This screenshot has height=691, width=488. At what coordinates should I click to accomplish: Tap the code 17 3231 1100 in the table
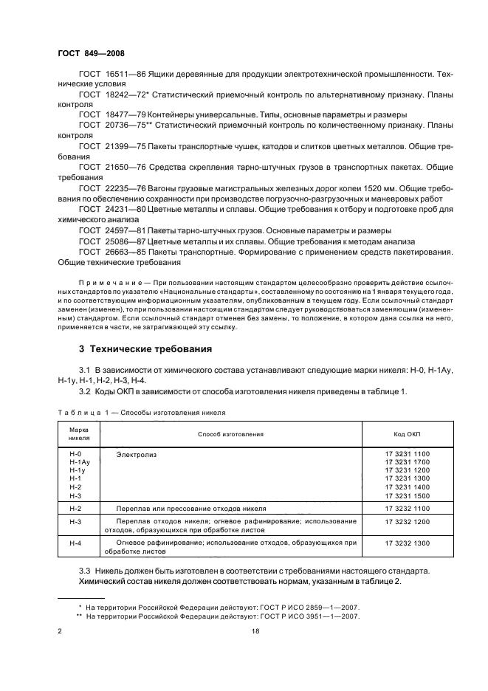pyautogui.click(x=407, y=454)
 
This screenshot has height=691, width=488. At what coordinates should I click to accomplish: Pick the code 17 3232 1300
pyautogui.click(x=407, y=543)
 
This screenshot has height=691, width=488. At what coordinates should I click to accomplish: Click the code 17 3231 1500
pyautogui.click(x=407, y=497)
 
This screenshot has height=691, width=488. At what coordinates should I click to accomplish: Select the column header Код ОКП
pyautogui.click(x=407, y=433)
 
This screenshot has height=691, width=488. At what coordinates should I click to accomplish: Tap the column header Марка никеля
pyautogui.click(x=79, y=433)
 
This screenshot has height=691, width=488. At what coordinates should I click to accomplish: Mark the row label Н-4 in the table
pyautogui.click(x=75, y=543)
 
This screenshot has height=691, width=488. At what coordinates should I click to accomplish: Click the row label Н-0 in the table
pyautogui.click(x=74, y=454)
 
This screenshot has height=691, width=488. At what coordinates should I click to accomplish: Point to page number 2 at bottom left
pyautogui.click(x=60, y=631)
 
